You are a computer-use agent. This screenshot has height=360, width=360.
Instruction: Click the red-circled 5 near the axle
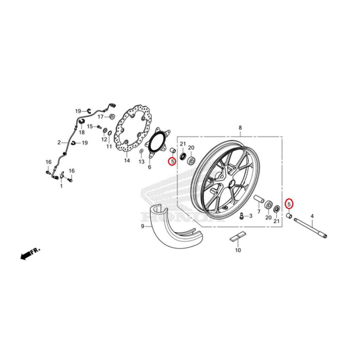pyautogui.click(x=289, y=204)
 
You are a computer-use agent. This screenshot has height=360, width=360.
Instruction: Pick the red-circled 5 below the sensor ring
pyautogui.click(x=172, y=162)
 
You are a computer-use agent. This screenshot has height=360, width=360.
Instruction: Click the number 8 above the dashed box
pyautogui.click(x=240, y=128)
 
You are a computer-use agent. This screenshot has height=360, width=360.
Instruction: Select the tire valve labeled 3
pyautogui.click(x=242, y=216)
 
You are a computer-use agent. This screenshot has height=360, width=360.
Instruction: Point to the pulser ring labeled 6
pyautogui.click(x=158, y=144)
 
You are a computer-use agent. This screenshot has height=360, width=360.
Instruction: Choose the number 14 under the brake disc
pyautogui.click(x=127, y=161)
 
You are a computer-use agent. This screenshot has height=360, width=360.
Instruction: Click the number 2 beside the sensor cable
pyautogui.click(x=59, y=143)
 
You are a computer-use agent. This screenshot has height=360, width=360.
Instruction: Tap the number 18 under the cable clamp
pyautogui.click(x=82, y=132)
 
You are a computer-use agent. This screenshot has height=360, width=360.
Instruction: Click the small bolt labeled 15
pyautogui.click(x=99, y=127)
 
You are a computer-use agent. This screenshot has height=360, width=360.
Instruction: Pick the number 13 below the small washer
pyautogui.click(x=141, y=162)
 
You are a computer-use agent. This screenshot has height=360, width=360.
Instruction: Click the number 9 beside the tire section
pyautogui.click(x=143, y=226)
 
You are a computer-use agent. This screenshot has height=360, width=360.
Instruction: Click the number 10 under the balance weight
pyautogui.click(x=238, y=250)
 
